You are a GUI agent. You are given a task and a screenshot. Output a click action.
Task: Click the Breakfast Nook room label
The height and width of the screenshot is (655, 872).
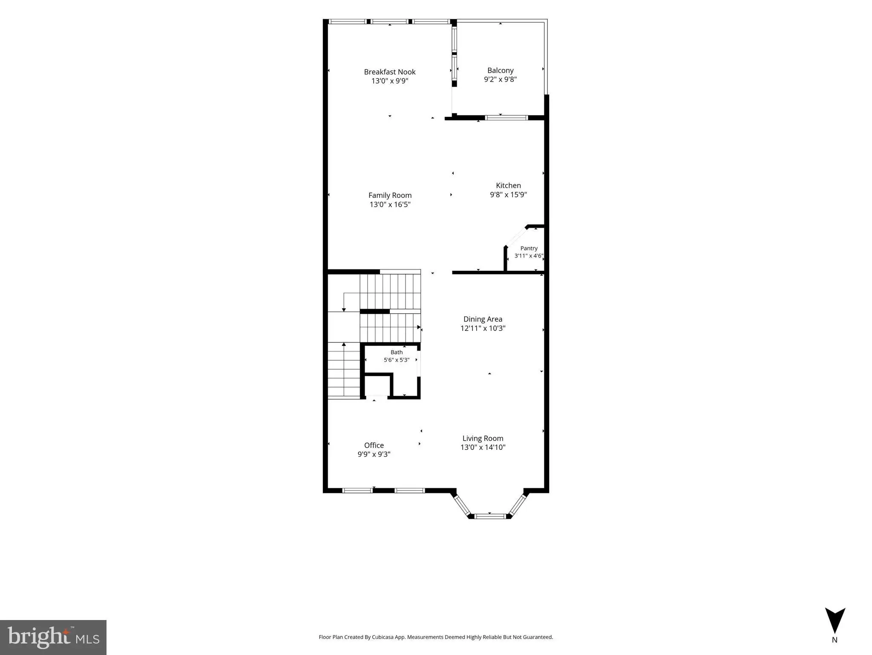[389, 72]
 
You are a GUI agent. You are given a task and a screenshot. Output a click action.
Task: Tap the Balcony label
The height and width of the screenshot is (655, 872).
[500, 70]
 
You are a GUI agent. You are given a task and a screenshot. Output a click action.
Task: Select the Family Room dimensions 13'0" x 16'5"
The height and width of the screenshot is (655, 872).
[390, 204]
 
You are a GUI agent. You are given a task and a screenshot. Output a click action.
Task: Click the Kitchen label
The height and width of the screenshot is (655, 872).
[508, 185]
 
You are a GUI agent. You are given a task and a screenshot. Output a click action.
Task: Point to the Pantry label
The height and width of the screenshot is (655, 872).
[529, 248]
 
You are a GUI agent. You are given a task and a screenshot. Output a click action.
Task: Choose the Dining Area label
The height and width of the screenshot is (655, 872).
[483, 319]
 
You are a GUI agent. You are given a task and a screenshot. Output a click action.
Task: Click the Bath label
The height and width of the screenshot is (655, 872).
[397, 352]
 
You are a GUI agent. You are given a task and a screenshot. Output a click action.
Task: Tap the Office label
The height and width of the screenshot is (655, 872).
[374, 445]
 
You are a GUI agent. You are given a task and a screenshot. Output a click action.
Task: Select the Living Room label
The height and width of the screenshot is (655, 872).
[483, 438]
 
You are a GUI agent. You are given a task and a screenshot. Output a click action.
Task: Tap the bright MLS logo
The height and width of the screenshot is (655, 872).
[53, 637]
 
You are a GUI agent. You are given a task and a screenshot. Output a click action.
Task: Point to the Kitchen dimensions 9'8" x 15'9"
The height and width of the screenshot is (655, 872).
[508, 195]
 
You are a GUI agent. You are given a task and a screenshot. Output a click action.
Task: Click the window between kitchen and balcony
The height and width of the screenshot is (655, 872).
[507, 118]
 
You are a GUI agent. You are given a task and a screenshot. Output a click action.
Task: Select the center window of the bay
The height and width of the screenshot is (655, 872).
[490, 516]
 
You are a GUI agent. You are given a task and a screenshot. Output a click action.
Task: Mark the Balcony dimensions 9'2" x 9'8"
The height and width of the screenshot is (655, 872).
[500, 79]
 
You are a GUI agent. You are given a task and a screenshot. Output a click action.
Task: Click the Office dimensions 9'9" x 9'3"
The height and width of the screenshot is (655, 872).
[374, 455]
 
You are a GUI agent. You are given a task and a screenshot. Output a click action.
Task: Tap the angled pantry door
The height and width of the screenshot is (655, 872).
[516, 237]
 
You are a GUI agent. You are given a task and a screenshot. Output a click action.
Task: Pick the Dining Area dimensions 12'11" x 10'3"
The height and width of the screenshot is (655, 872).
[483, 328]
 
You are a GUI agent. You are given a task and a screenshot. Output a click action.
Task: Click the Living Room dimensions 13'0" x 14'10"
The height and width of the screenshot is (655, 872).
[483, 447]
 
